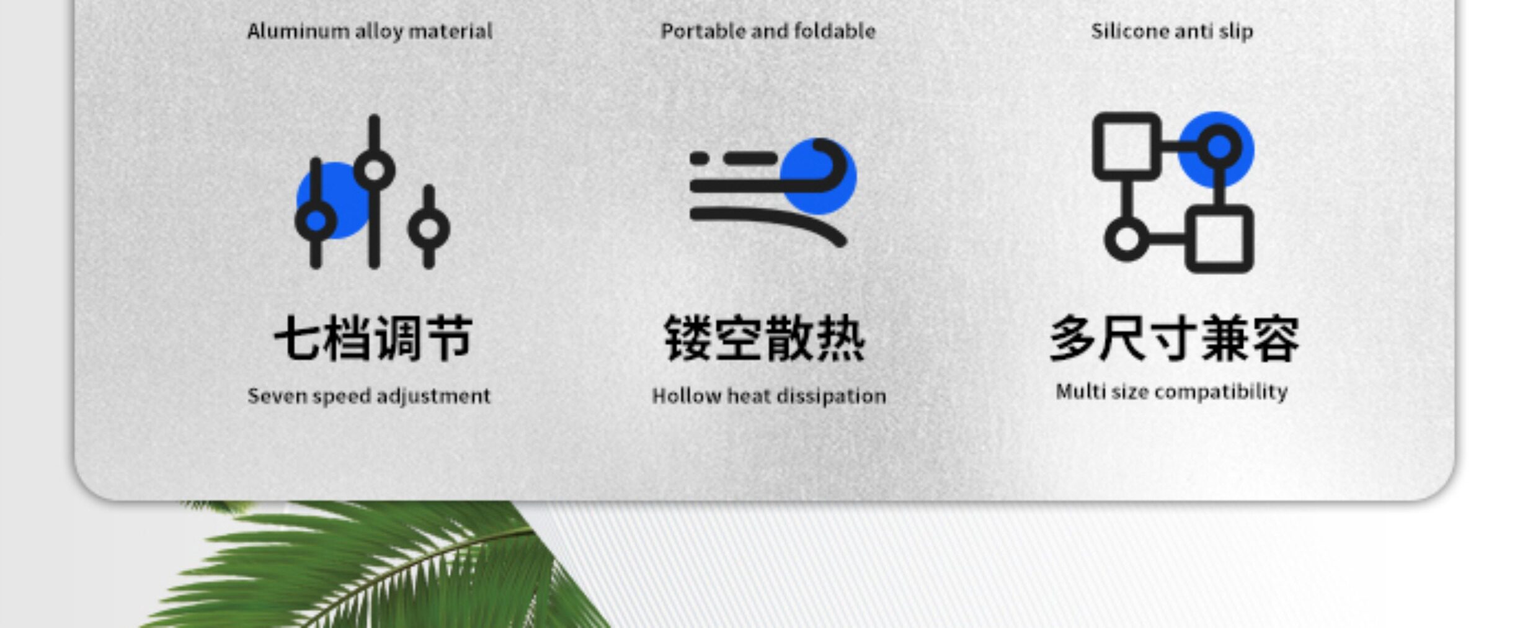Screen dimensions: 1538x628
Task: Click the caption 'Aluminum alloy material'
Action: pos(370,31)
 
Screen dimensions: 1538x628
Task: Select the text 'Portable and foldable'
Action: pos(768,31)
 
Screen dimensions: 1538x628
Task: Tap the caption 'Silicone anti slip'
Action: pos(1171,32)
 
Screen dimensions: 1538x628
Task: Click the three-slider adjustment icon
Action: pos(373,192)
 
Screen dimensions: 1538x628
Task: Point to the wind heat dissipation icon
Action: pos(773,192)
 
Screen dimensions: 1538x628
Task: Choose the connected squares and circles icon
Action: pos(1173,192)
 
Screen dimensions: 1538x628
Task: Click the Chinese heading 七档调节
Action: pos(373,338)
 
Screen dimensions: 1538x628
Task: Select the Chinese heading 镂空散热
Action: pos(765,338)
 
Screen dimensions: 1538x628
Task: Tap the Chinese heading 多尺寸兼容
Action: pos(1174,339)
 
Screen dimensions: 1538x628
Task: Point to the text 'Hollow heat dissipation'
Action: pos(769,396)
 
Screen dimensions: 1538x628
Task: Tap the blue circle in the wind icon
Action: pos(819,176)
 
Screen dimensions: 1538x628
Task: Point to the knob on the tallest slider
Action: pos(374,169)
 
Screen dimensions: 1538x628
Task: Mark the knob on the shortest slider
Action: pos(429,228)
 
